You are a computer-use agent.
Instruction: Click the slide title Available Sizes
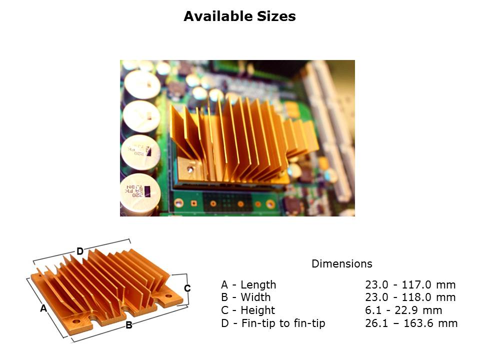tap(239, 16)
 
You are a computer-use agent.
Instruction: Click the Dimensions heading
tap(341, 263)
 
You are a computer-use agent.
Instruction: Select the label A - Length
tap(248, 284)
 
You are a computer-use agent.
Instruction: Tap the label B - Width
tap(246, 297)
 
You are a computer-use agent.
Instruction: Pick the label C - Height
tap(248, 310)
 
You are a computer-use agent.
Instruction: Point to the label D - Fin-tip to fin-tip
tap(273, 323)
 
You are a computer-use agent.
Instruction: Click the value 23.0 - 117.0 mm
tap(410, 284)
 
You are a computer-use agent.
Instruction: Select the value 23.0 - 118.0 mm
tap(410, 297)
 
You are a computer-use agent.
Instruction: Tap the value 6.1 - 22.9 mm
tap(403, 310)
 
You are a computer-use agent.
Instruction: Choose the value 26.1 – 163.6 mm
tap(411, 323)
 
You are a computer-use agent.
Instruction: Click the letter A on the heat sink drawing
tap(44, 308)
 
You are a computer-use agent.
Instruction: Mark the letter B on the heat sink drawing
tap(129, 325)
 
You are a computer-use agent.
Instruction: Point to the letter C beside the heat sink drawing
tap(187, 288)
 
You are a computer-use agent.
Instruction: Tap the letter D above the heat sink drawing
tap(80, 251)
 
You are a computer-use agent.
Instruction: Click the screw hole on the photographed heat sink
tap(190, 169)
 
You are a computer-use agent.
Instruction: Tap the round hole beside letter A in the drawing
tap(75, 321)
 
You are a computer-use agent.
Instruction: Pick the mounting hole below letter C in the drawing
tap(168, 296)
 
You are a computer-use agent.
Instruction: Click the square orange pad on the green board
tap(194, 203)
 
